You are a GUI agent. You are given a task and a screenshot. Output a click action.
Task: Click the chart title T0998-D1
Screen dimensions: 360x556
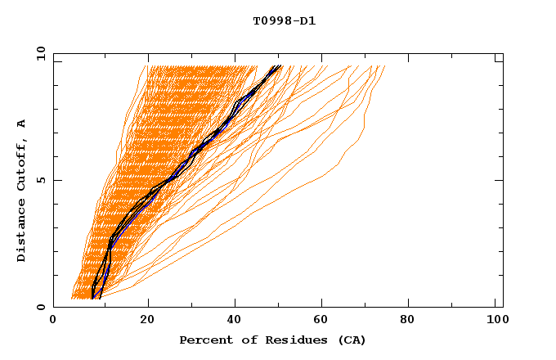point(284,21)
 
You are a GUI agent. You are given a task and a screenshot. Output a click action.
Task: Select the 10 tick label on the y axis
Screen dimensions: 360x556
point(38,53)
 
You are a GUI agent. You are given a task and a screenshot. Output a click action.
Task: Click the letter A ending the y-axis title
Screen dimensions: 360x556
point(21,124)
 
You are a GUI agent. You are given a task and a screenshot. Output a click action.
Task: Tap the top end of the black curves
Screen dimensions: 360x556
point(280,66)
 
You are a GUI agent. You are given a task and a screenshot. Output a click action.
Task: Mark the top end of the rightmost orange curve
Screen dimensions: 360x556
point(384,66)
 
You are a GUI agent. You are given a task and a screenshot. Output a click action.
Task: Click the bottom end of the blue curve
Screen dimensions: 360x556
point(99,298)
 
